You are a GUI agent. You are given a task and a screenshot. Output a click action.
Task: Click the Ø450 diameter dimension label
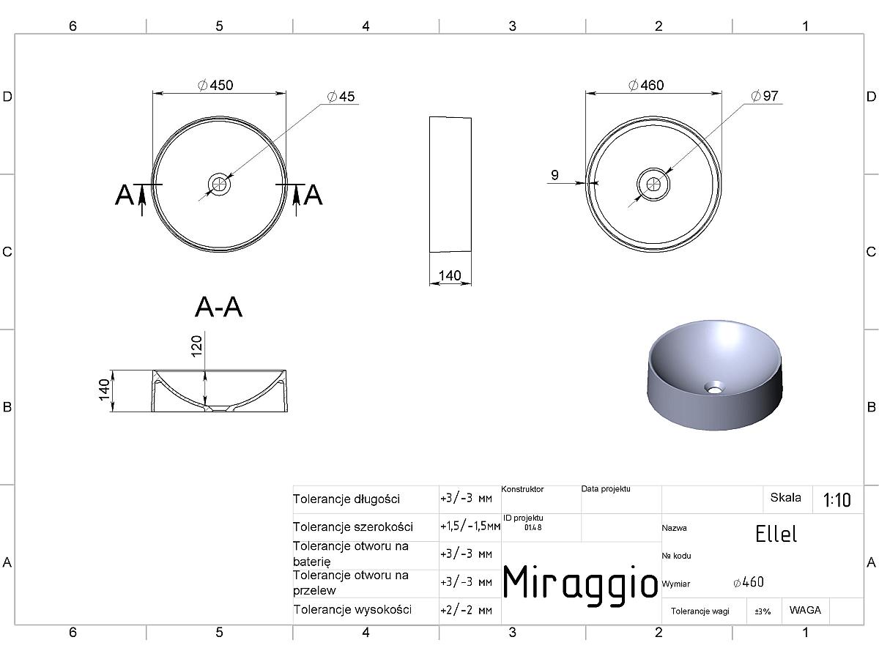215,85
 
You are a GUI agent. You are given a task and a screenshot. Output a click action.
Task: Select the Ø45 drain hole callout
341,97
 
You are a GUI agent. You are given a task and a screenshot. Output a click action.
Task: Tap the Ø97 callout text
765,96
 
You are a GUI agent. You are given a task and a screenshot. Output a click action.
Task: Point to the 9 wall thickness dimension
555,175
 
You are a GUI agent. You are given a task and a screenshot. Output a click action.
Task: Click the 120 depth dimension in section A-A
196,346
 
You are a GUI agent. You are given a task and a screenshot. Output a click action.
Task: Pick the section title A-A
218,308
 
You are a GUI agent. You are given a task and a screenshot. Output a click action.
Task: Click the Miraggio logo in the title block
580,583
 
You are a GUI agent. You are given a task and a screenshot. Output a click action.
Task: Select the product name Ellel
776,534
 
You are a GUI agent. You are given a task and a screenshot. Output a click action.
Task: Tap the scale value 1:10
837,500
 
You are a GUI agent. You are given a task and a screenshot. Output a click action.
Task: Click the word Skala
786,498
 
